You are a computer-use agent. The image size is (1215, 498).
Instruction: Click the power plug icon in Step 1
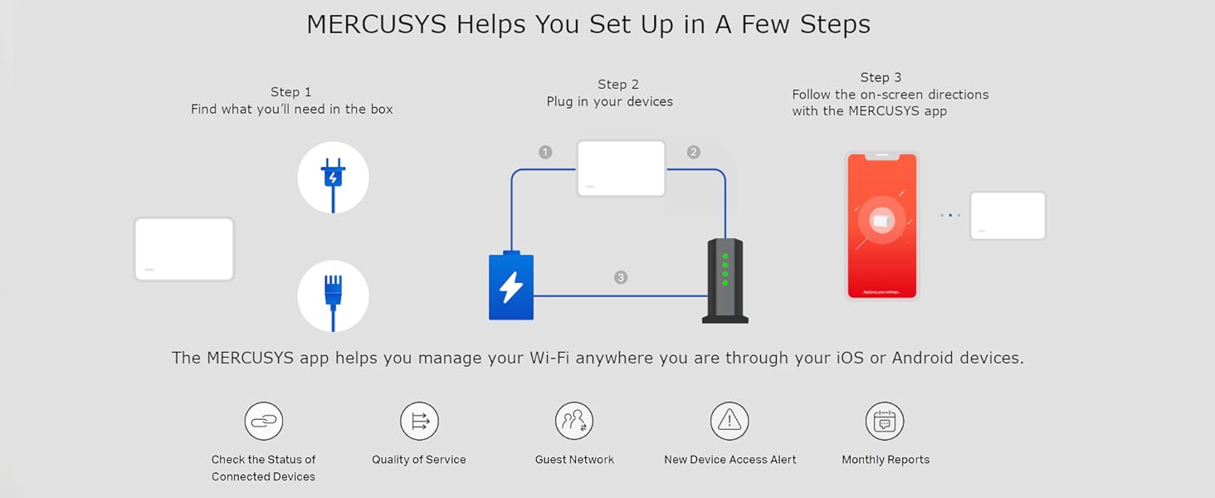tap(333, 178)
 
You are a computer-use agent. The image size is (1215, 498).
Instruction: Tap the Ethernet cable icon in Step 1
tap(333, 296)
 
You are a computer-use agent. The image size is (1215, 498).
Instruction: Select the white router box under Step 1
tap(184, 249)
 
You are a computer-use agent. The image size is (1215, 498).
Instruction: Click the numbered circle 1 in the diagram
tap(545, 152)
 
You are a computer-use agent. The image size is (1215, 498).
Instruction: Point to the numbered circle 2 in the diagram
tap(694, 152)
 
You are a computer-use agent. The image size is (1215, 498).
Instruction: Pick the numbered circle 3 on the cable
tap(621, 277)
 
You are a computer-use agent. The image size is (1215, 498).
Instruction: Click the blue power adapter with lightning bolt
tap(511, 286)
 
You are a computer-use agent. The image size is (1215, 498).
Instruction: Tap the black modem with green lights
tap(725, 281)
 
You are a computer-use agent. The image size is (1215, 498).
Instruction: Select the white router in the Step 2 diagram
tap(622, 168)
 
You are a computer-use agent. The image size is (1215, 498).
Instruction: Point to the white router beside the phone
tap(1008, 216)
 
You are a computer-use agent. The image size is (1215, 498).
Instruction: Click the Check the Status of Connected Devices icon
tap(263, 422)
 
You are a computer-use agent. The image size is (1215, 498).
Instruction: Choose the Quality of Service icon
tap(419, 422)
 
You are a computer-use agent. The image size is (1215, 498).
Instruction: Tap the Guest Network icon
tap(574, 422)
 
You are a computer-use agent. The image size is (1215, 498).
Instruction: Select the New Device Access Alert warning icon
tap(729, 422)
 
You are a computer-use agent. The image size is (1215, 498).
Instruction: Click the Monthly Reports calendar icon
tap(885, 422)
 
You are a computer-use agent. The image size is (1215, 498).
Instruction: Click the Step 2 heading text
tap(618, 84)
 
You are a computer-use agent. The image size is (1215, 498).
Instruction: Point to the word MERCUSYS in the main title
tap(378, 24)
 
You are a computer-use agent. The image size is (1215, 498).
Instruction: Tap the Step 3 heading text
tap(881, 77)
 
